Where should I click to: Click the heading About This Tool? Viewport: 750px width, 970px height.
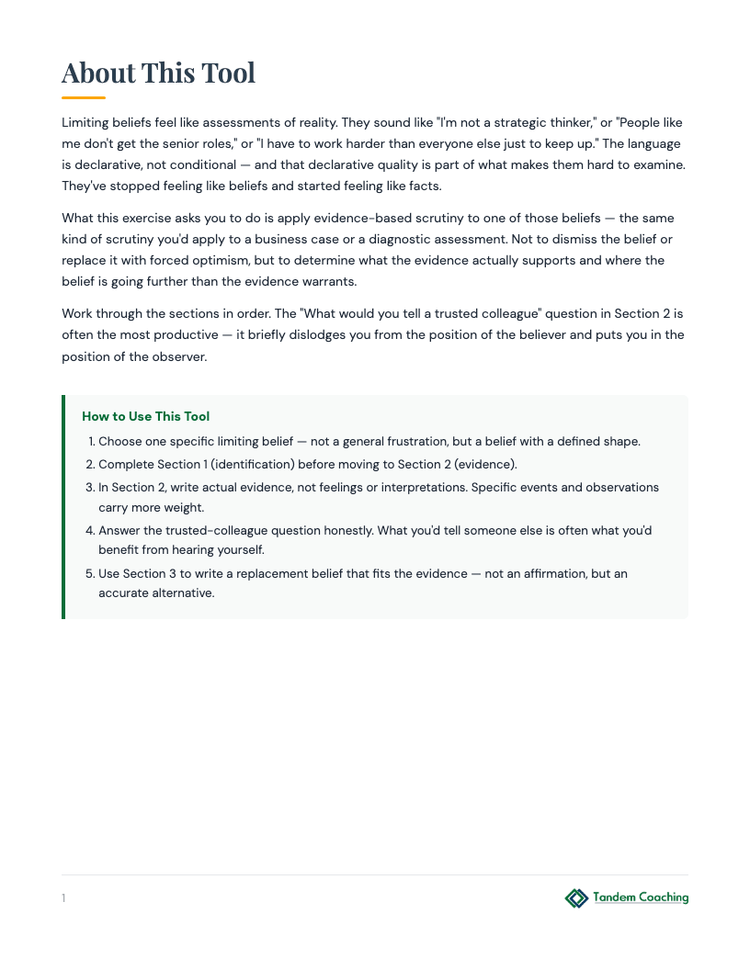(x=158, y=73)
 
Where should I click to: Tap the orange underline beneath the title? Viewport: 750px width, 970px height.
(x=84, y=97)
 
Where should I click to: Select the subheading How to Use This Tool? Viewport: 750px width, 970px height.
(x=146, y=416)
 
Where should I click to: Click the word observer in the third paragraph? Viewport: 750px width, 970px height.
(x=182, y=355)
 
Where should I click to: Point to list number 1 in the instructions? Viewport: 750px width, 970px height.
(x=91, y=442)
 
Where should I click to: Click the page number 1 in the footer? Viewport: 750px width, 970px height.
(x=63, y=898)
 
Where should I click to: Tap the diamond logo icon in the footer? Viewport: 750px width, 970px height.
(x=576, y=897)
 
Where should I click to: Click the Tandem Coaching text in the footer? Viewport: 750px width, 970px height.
(x=641, y=897)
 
